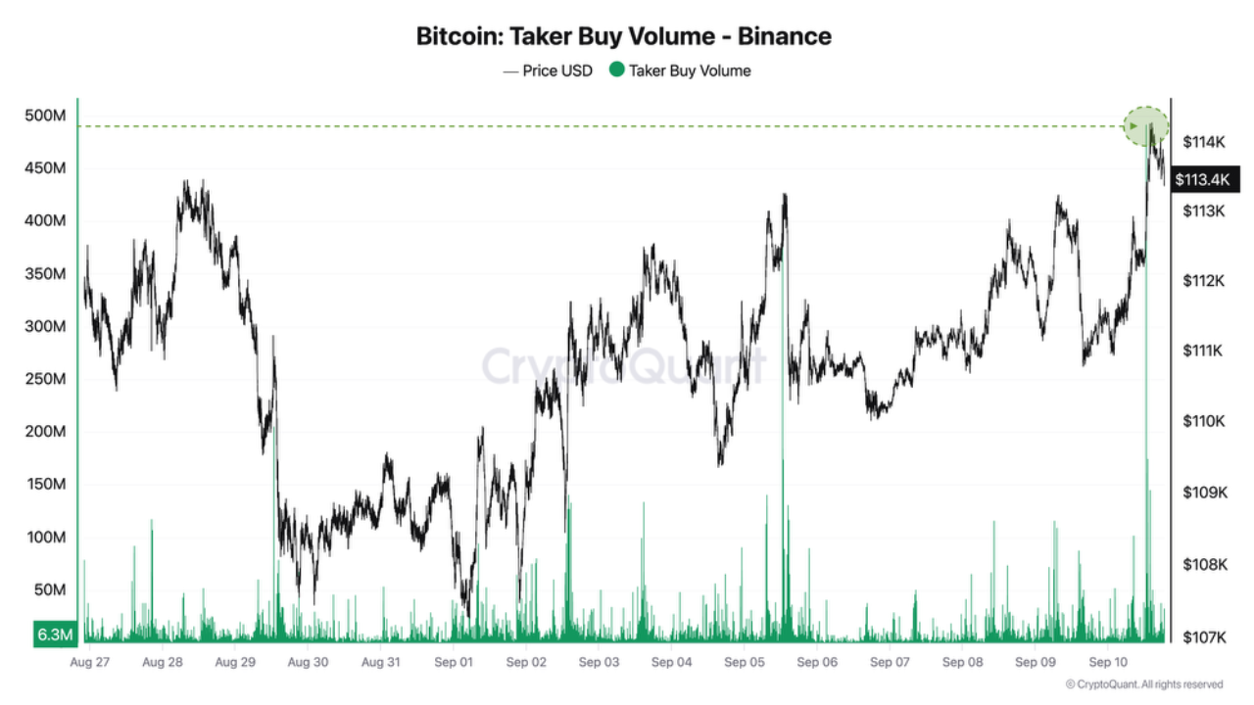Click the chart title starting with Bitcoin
click(624, 37)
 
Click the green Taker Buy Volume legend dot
click(616, 70)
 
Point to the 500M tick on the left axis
click(45, 116)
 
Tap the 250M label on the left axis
click(45, 379)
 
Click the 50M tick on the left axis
click(49, 590)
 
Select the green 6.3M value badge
click(55, 634)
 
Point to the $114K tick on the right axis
click(1204, 142)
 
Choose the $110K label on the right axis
click(1204, 421)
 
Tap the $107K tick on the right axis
click(1204, 637)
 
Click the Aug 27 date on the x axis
click(90, 663)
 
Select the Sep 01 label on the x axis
click(453, 663)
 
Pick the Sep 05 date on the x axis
click(745, 663)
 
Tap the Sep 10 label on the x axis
click(1107, 663)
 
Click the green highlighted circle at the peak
click(1146, 126)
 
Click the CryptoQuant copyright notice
click(1143, 684)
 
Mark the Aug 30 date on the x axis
click(308, 663)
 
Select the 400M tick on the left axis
click(45, 221)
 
